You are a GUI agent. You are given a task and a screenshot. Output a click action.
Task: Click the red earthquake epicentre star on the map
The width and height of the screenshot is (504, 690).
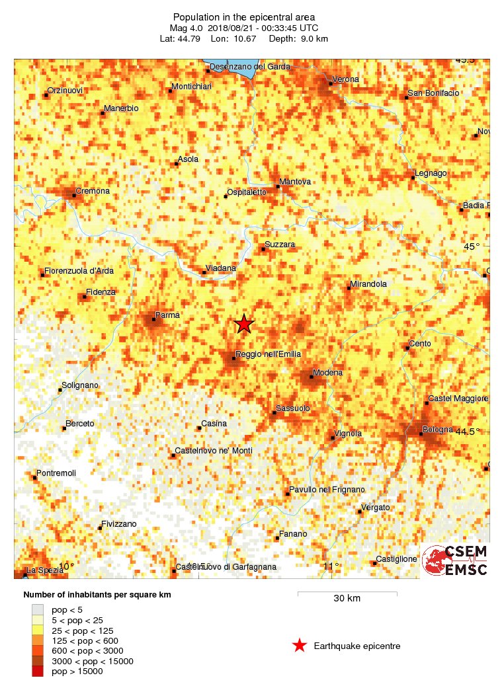244,324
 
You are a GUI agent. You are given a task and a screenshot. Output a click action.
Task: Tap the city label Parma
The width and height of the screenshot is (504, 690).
167,315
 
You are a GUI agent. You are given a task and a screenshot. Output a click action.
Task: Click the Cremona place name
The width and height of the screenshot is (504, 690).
93,191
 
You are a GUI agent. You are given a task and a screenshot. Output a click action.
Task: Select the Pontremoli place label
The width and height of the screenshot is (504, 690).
57,473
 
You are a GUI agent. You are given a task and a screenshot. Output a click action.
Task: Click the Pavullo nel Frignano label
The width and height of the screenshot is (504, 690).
327,490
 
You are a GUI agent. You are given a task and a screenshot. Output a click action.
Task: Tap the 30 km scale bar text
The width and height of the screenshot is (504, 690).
347,599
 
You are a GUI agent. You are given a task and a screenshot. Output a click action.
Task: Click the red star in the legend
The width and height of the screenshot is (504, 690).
300,646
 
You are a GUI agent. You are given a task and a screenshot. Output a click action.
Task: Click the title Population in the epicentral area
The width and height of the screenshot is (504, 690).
243,17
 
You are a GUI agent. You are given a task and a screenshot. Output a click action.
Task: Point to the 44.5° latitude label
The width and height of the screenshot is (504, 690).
468,431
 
